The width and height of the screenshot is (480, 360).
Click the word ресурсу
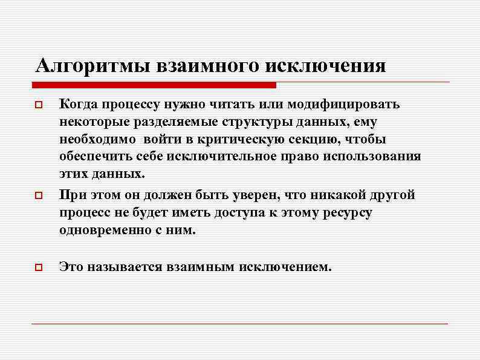(x=346, y=213)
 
